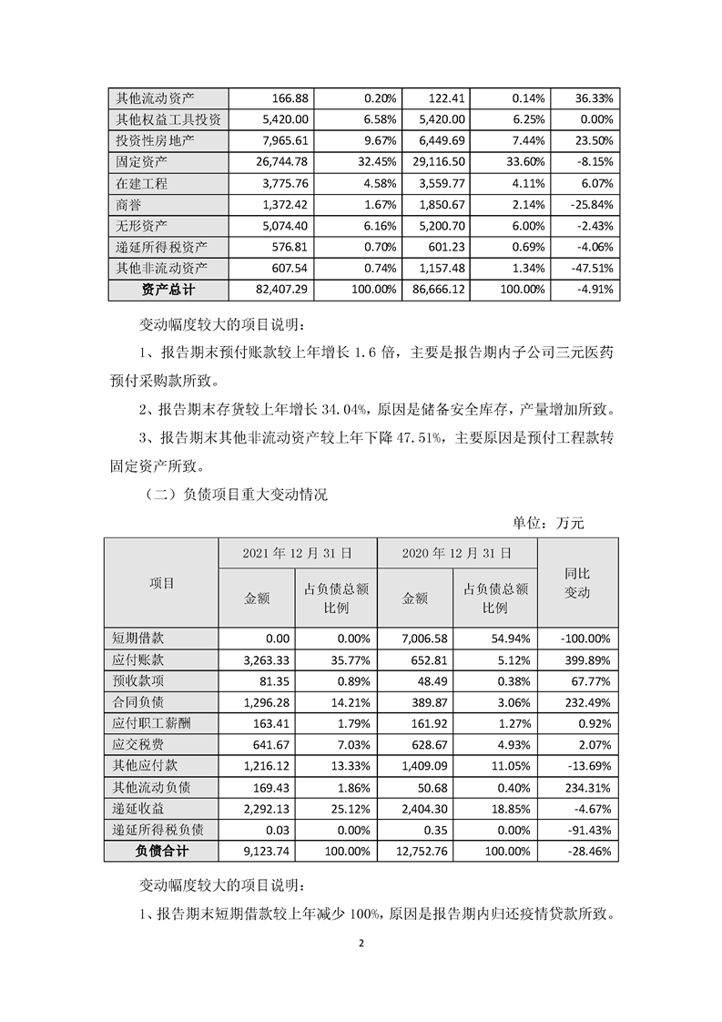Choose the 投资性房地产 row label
[152, 141]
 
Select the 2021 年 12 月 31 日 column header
[297, 553]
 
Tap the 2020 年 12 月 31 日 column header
[456, 553]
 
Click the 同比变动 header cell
[577, 582]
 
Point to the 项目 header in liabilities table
[161, 582]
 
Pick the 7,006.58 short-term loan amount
[433, 639]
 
